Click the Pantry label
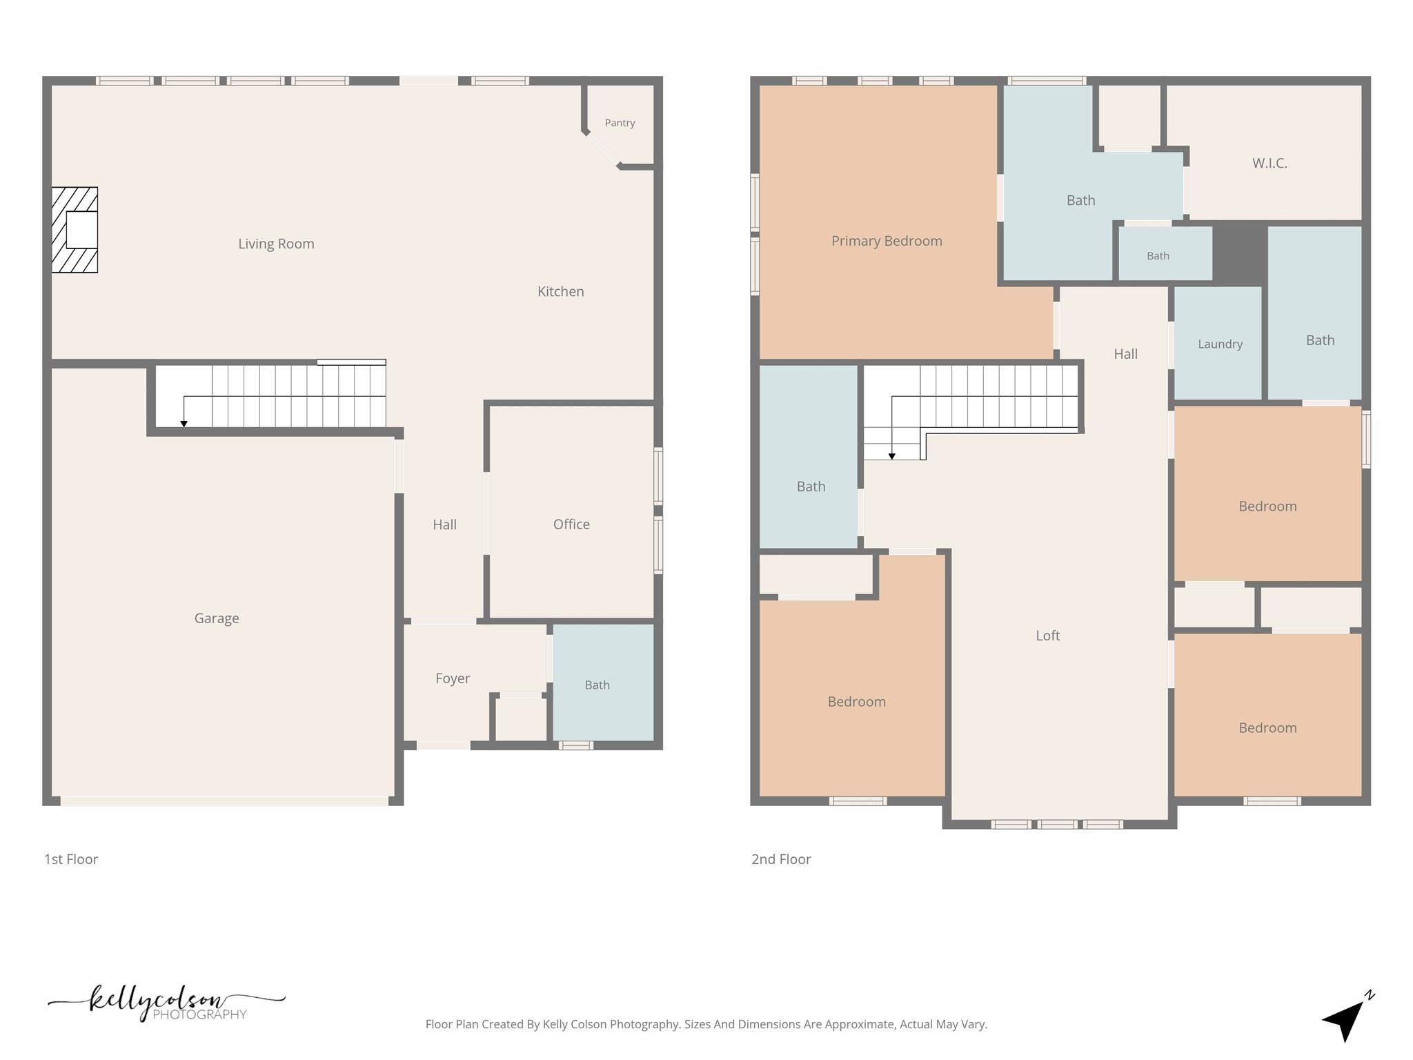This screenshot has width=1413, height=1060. pyautogui.click(x=620, y=123)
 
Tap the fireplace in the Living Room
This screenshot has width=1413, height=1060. pyautogui.click(x=75, y=230)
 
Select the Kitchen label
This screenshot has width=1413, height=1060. pyautogui.click(x=560, y=291)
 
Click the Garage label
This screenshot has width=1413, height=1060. pyautogui.click(x=217, y=618)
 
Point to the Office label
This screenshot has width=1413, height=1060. pyautogui.click(x=571, y=524)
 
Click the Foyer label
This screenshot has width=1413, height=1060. pyautogui.click(x=453, y=678)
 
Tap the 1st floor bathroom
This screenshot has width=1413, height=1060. pyautogui.click(x=604, y=683)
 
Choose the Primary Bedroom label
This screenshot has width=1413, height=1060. pyautogui.click(x=887, y=241)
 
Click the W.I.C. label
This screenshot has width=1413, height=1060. pyautogui.click(x=1269, y=163)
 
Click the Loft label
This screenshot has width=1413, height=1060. pyautogui.click(x=1047, y=636)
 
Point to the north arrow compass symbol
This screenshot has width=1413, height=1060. pyautogui.click(x=1347, y=1017)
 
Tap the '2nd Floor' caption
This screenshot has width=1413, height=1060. pyautogui.click(x=781, y=859)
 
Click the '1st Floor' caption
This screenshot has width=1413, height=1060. pyautogui.click(x=71, y=859)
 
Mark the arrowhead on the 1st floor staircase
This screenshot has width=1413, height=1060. pyautogui.click(x=184, y=424)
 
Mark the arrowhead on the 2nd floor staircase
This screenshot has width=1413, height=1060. pyautogui.click(x=891, y=456)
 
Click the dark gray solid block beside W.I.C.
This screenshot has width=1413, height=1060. pyautogui.click(x=1240, y=253)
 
